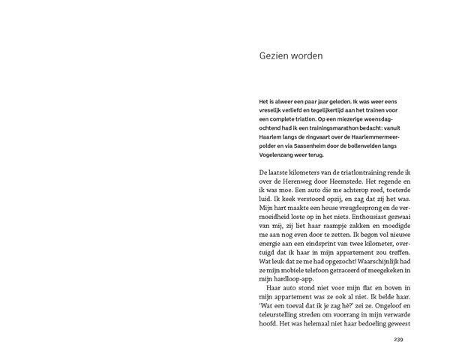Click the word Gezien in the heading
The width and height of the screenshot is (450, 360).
(x=274, y=55)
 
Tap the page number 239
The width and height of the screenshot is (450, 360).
(x=398, y=340)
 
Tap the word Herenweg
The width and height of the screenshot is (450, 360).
(x=300, y=183)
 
